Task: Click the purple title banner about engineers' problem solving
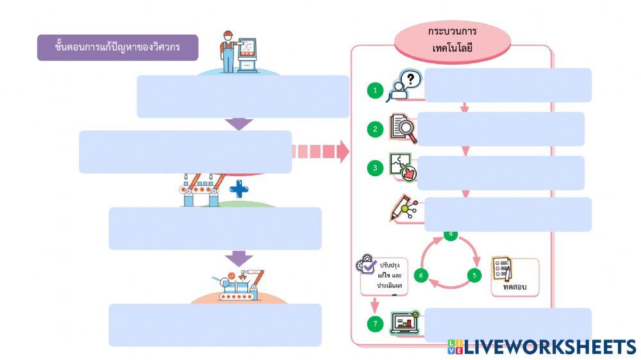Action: (x=117, y=47)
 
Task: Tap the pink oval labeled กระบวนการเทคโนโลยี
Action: (x=453, y=40)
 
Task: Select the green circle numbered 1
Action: (x=376, y=90)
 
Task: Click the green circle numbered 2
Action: (x=376, y=129)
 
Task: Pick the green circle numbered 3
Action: (x=376, y=169)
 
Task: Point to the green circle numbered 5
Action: (x=474, y=275)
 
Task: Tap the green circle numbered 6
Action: (x=420, y=275)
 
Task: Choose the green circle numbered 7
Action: (x=376, y=324)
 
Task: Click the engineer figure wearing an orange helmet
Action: (x=228, y=51)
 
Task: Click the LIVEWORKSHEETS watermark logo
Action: (x=541, y=347)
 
